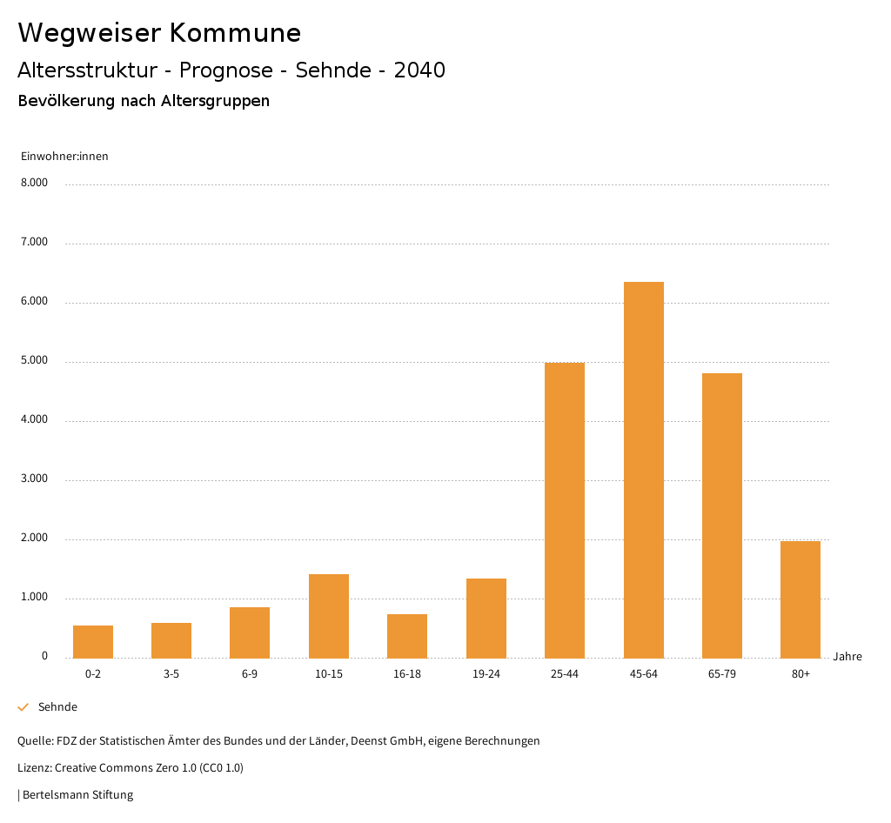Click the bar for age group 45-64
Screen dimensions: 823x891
[643, 470]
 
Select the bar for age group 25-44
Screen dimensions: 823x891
[565, 510]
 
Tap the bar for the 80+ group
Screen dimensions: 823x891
[801, 599]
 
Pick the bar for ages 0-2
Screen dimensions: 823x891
[93, 641]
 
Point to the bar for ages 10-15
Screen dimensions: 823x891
[329, 616]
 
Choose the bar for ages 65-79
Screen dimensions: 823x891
[722, 515]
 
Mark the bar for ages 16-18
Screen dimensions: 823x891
[407, 636]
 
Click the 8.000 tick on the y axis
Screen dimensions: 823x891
[34, 184]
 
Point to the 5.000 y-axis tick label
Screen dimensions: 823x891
[34, 361]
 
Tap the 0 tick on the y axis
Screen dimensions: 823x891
[44, 657]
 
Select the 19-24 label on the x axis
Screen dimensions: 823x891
[486, 674]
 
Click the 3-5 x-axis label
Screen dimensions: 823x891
[171, 674]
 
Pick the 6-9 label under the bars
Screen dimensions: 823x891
[250, 674]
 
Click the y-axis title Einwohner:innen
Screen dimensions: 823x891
[64, 157]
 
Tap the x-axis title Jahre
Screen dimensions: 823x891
[847, 657]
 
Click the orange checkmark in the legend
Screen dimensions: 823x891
[23, 707]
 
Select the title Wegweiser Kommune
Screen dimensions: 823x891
[159, 33]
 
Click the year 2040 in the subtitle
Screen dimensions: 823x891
[419, 70]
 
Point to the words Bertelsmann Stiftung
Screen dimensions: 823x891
[77, 795]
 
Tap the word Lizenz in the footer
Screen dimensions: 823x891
[34, 768]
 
